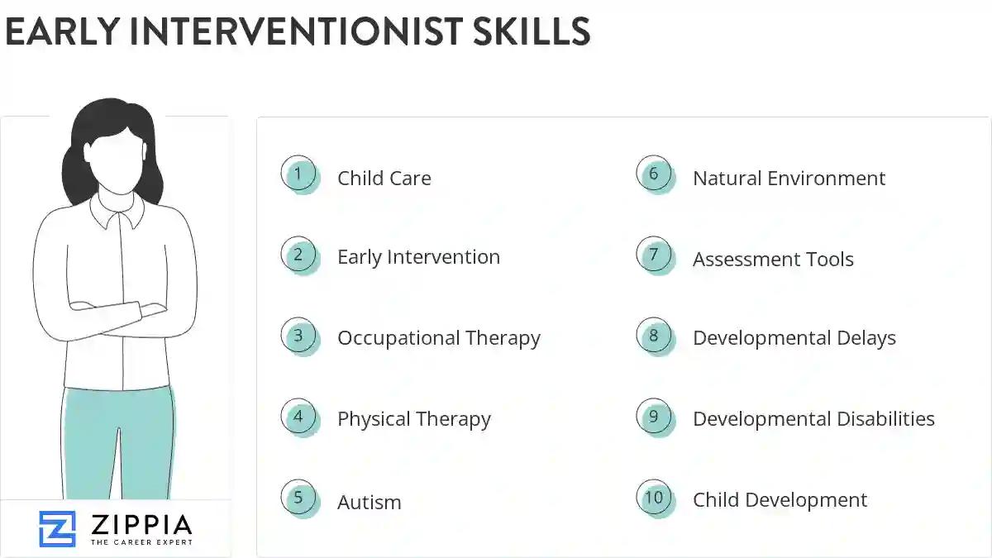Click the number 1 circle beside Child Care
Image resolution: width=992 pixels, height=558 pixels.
click(x=298, y=174)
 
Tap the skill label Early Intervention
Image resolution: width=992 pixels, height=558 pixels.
click(x=418, y=257)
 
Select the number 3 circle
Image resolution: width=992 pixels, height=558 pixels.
click(x=298, y=336)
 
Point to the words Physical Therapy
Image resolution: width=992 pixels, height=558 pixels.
click(x=413, y=419)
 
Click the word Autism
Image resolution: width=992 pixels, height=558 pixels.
click(x=369, y=502)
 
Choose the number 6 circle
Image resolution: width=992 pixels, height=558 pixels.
click(x=654, y=174)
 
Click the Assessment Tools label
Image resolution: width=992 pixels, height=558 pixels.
click(x=773, y=260)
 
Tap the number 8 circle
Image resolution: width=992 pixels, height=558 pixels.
click(x=654, y=336)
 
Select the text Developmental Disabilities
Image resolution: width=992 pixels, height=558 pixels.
click(x=813, y=419)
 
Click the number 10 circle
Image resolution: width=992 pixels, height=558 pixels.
click(x=654, y=498)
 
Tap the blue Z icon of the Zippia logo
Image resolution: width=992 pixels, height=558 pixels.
click(x=57, y=528)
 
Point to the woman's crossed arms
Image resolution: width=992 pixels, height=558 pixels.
click(x=116, y=314)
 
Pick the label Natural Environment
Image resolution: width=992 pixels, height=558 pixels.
click(x=789, y=179)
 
